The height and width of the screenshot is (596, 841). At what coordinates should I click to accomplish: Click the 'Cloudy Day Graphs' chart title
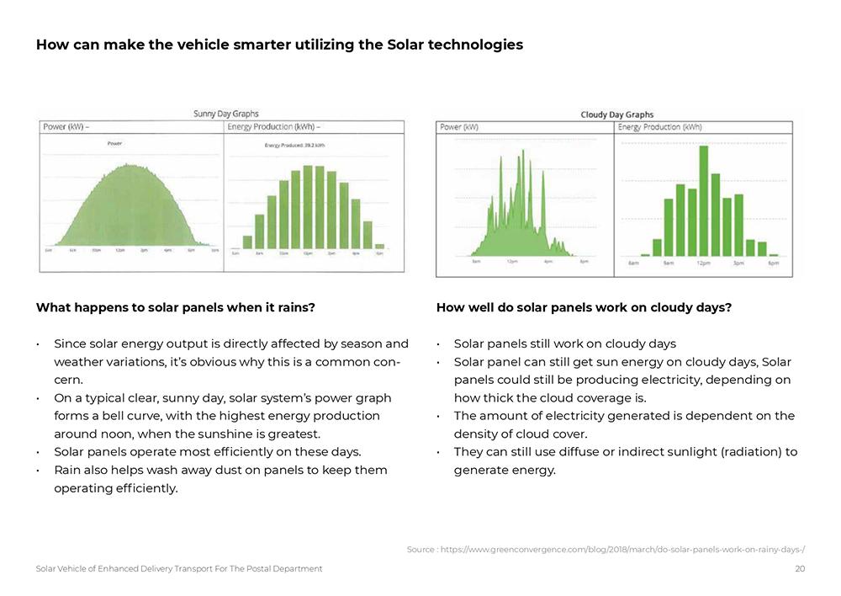[x=616, y=114]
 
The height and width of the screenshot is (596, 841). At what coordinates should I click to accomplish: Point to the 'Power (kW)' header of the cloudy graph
[x=459, y=127]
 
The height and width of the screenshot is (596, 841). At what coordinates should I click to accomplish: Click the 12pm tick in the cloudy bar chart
[x=703, y=263]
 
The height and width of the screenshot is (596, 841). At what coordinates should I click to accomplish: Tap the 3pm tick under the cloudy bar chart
[x=738, y=263]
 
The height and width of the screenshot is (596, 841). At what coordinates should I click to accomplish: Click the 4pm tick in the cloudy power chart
[x=548, y=262]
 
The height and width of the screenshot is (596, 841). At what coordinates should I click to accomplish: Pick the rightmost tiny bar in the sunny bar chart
[x=379, y=246]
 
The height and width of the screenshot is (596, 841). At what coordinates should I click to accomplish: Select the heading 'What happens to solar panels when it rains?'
[x=175, y=307]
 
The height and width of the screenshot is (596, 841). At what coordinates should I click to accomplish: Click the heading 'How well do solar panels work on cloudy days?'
[x=584, y=307]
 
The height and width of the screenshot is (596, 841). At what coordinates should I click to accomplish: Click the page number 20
[x=800, y=569]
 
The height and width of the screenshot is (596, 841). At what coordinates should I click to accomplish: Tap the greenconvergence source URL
[x=606, y=550]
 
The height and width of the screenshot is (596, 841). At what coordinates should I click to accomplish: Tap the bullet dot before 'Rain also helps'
[x=39, y=471]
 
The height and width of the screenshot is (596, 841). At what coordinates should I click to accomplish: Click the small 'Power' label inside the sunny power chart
[x=114, y=144]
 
